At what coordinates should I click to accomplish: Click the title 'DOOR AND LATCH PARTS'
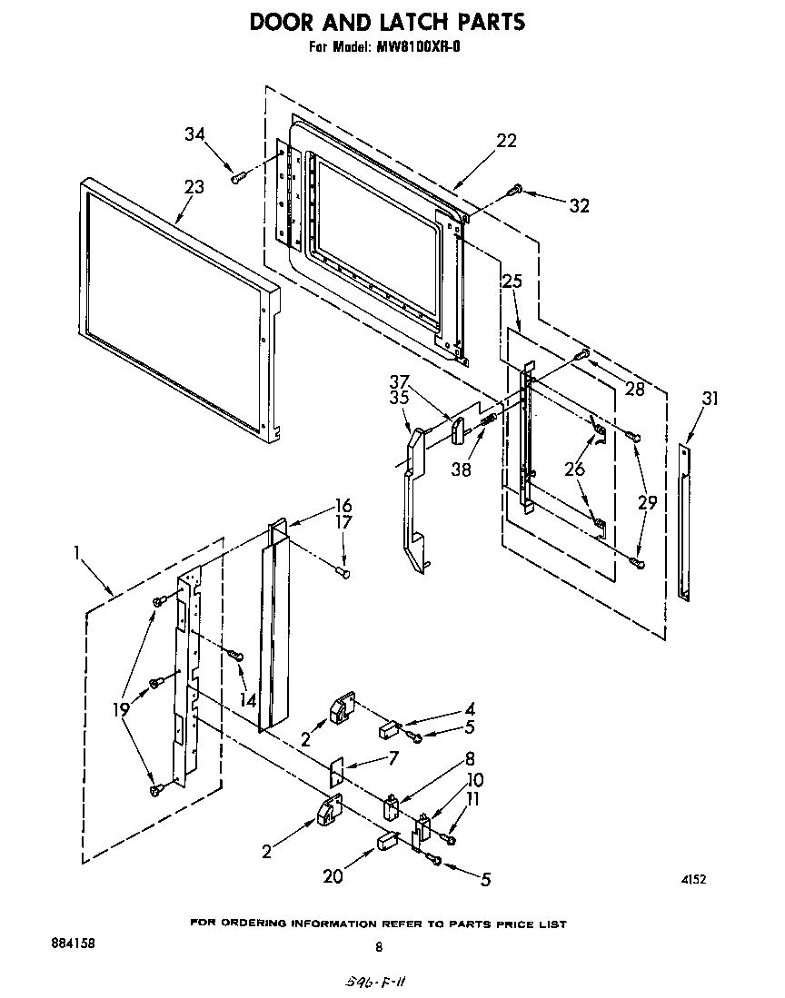[x=387, y=21]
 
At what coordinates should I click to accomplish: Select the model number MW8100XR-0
[x=416, y=47]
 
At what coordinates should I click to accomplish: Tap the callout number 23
[x=194, y=187]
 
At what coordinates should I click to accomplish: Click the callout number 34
[x=194, y=134]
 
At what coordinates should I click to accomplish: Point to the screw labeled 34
[x=238, y=178]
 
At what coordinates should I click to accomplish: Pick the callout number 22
[x=506, y=140]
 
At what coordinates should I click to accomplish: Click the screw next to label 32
[x=515, y=190]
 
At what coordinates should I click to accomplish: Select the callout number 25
[x=512, y=282]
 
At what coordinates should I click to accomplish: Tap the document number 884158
[x=66, y=943]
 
